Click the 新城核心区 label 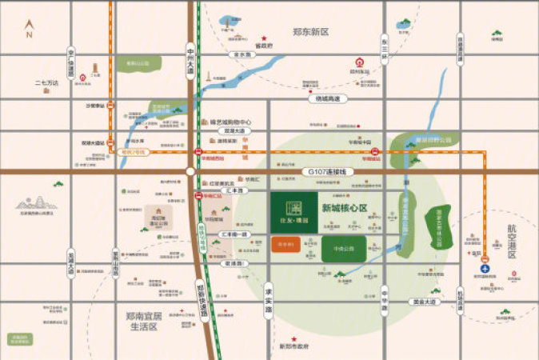(x=345, y=209)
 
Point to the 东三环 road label (x=385, y=48)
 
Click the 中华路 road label (x=385, y=298)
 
